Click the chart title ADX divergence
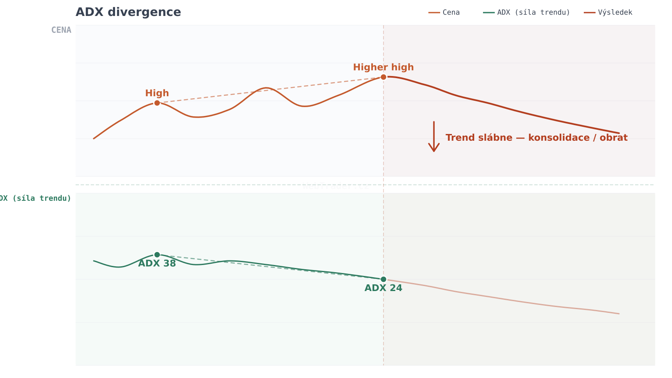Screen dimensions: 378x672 128,12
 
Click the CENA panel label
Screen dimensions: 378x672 61,30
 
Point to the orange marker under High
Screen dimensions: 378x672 157,103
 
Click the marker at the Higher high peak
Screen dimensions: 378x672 383,77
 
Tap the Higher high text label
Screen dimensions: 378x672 383,68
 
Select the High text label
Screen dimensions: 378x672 157,93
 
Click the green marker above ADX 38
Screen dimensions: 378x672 157,255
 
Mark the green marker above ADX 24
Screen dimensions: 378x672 383,279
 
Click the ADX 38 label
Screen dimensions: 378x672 157,264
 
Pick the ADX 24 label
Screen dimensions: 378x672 383,289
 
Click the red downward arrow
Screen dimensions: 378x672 434,137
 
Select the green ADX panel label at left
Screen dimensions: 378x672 36,198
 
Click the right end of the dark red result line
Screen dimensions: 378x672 619,133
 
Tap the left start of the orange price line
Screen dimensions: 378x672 94,139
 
